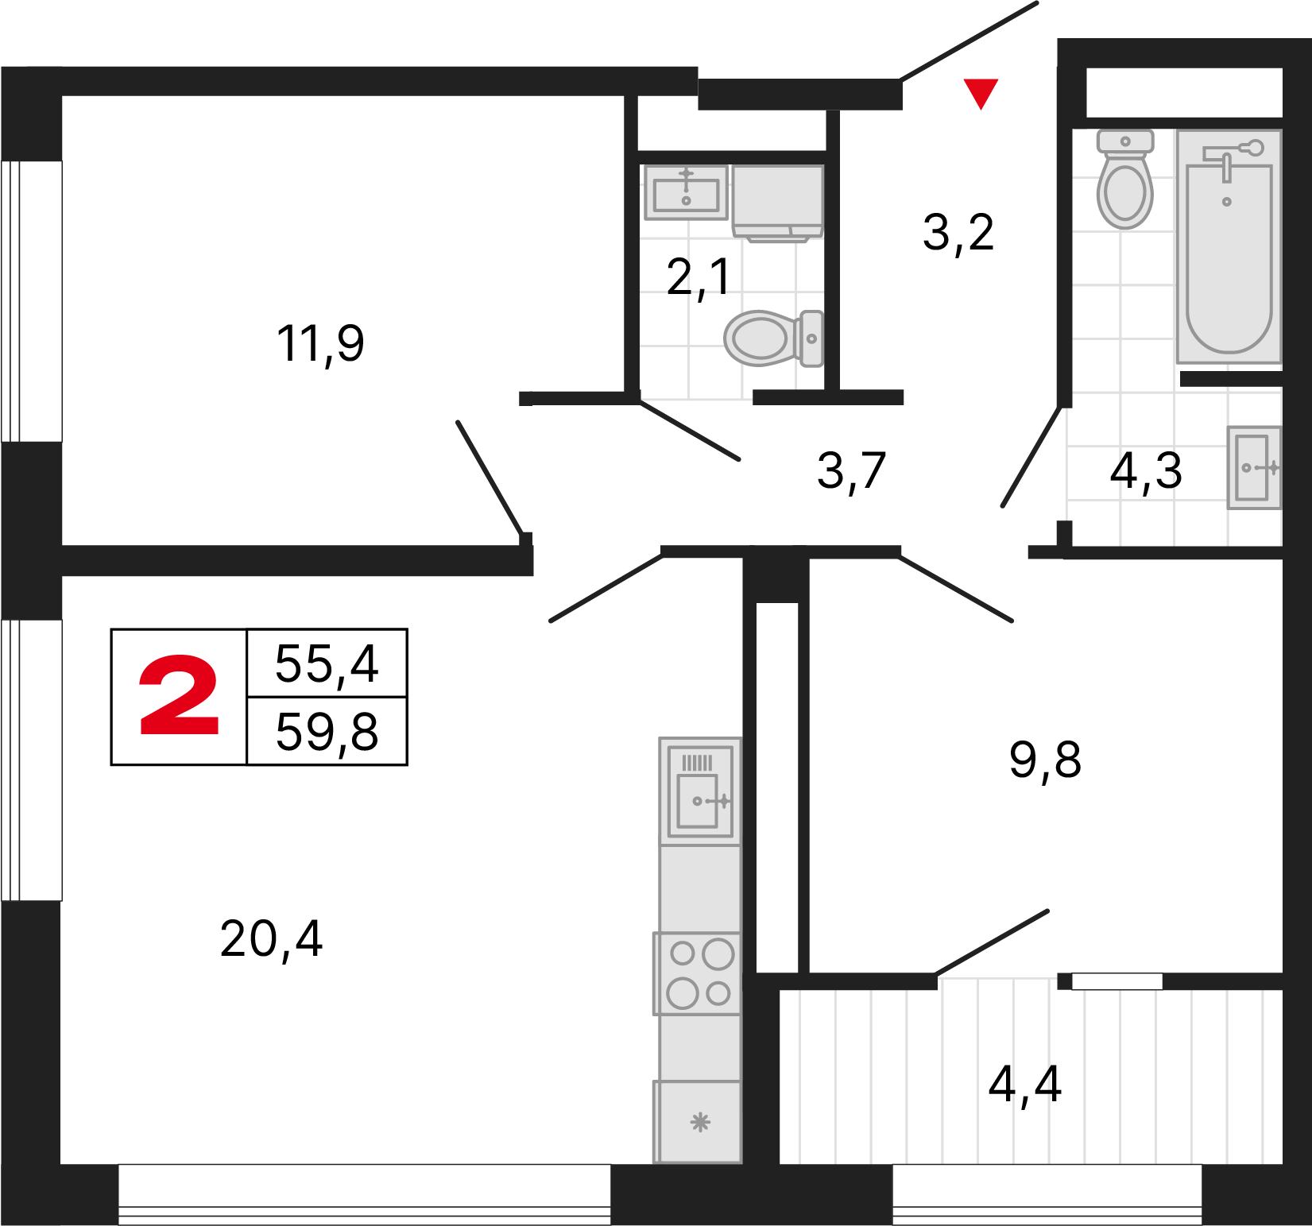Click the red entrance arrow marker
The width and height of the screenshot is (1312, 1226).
click(x=981, y=92)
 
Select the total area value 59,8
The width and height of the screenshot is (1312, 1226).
click(x=327, y=732)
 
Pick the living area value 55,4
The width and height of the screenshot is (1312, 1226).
click(x=327, y=663)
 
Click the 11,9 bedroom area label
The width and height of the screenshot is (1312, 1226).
click(x=320, y=344)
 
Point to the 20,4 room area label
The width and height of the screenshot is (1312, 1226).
click(x=271, y=939)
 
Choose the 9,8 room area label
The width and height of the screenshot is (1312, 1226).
click(x=1045, y=760)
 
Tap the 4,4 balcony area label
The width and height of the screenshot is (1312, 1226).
click(x=1024, y=1084)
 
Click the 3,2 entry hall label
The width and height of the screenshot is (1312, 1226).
click(x=958, y=233)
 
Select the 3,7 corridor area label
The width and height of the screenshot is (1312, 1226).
click(x=851, y=471)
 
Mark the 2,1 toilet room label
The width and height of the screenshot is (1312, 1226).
click(x=698, y=277)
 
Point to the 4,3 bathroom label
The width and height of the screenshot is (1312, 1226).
click(x=1145, y=470)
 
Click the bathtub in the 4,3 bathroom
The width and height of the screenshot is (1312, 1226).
click(x=1229, y=254)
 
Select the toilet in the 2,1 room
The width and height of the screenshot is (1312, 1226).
click(x=771, y=338)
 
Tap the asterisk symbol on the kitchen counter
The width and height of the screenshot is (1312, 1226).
click(x=699, y=1122)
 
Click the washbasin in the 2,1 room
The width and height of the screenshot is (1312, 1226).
click(x=686, y=192)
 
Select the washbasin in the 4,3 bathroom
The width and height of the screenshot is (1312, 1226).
click(x=1254, y=467)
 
